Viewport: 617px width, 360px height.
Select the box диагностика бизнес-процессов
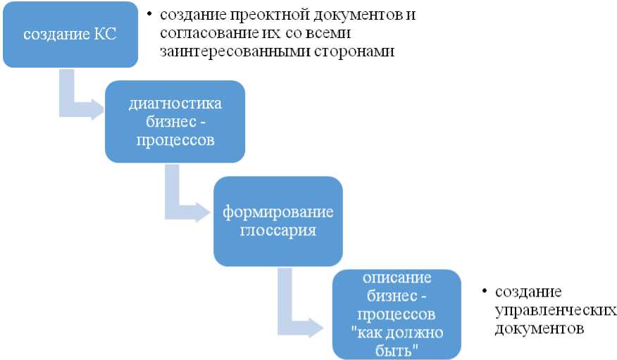coord(175,121)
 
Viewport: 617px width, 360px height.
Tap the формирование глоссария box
coord(278,221)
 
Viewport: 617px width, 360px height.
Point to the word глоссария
coord(278,230)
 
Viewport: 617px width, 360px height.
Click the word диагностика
coord(175,104)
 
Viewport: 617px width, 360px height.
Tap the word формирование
coord(278,212)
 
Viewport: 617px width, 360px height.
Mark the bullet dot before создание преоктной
coord(150,14)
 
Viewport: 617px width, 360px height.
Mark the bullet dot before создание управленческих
coord(485,291)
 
